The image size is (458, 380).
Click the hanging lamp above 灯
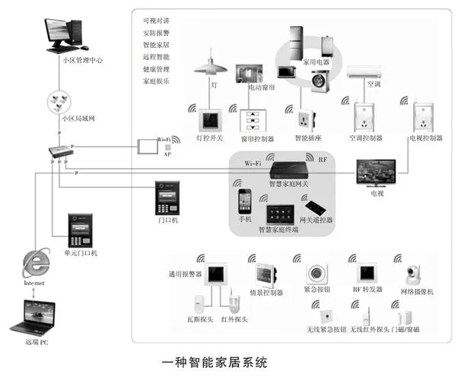click(211, 66)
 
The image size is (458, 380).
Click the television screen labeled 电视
click(377, 172)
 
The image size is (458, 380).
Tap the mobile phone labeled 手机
click(245, 201)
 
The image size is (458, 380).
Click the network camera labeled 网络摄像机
click(415, 274)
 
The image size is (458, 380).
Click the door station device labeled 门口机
click(167, 198)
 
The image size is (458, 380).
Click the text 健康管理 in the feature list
click(157, 68)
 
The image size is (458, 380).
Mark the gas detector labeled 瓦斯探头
click(202, 302)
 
